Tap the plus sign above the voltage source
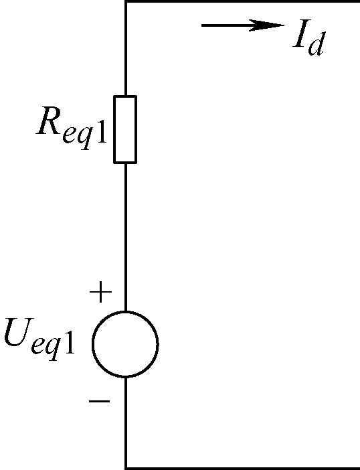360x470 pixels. point(100,292)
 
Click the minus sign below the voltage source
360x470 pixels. point(100,401)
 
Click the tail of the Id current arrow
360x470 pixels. point(202,25)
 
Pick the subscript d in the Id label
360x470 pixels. point(316,44)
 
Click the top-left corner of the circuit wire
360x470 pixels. point(126,1)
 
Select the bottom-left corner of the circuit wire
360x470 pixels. point(126,468)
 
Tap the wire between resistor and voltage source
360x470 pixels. point(126,238)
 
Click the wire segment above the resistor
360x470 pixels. point(126,49)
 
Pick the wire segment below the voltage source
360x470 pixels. point(126,422)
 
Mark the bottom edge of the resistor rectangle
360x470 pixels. point(125,163)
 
